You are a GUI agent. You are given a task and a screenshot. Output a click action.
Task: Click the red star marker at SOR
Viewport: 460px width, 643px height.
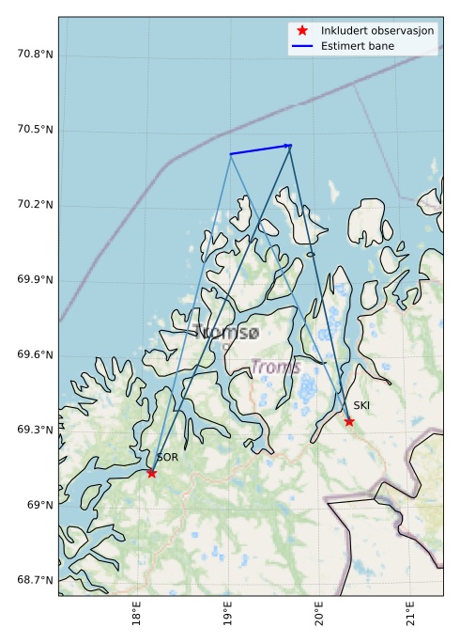click(151, 473)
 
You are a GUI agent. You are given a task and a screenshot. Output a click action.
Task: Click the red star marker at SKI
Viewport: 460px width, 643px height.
click(349, 421)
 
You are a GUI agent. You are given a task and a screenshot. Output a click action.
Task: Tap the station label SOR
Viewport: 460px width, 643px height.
click(167, 458)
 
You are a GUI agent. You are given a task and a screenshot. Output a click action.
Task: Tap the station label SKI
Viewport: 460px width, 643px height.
click(361, 405)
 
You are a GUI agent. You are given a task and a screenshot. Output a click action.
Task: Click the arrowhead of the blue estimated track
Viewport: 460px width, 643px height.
click(288, 146)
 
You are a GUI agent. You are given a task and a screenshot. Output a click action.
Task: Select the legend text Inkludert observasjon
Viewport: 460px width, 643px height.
click(377, 31)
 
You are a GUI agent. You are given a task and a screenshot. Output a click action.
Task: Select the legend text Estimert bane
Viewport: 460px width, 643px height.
click(357, 46)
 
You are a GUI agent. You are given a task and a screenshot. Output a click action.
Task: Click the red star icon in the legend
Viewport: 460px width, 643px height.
click(302, 30)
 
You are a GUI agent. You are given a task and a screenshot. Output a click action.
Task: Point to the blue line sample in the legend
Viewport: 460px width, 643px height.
click(302, 46)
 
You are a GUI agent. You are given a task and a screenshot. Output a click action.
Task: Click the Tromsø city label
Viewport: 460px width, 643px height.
click(226, 332)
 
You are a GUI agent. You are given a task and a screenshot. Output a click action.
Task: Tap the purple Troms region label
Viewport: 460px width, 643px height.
click(275, 368)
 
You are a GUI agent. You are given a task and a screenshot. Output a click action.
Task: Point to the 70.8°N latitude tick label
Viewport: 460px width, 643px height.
click(35, 54)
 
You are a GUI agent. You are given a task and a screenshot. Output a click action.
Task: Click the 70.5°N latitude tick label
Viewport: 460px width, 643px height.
click(35, 129)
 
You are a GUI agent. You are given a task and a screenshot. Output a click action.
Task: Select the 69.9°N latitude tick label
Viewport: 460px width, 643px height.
click(35, 279)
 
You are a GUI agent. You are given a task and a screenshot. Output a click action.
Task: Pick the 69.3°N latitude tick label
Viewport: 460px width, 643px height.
click(35, 430)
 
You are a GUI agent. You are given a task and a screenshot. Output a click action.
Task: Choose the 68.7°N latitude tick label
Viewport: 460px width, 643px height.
click(35, 580)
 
